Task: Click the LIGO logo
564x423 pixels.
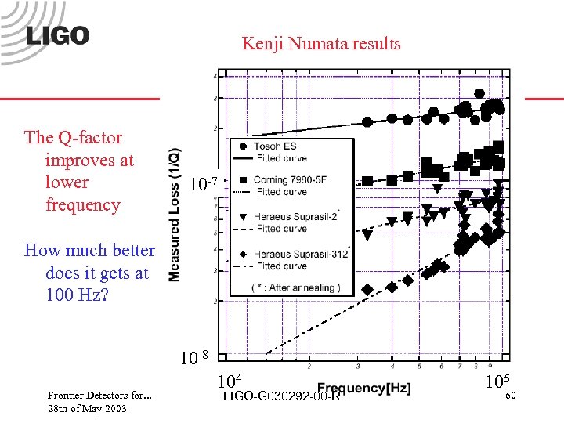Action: coord(56,35)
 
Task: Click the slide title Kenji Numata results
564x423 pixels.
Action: coord(321,43)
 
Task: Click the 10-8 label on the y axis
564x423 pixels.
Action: coord(193,359)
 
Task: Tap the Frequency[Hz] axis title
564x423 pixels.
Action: coord(363,389)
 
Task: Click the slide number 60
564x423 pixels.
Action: coord(510,396)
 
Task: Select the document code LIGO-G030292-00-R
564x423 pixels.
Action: coord(281,396)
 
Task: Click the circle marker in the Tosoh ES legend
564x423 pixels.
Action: coord(244,146)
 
